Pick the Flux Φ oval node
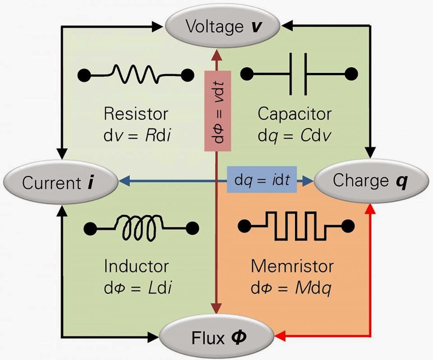pyautogui.click(x=217, y=337)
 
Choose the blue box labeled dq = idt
pyautogui.click(x=262, y=180)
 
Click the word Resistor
pyautogui.click(x=136, y=113)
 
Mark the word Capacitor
pyautogui.click(x=294, y=113)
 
